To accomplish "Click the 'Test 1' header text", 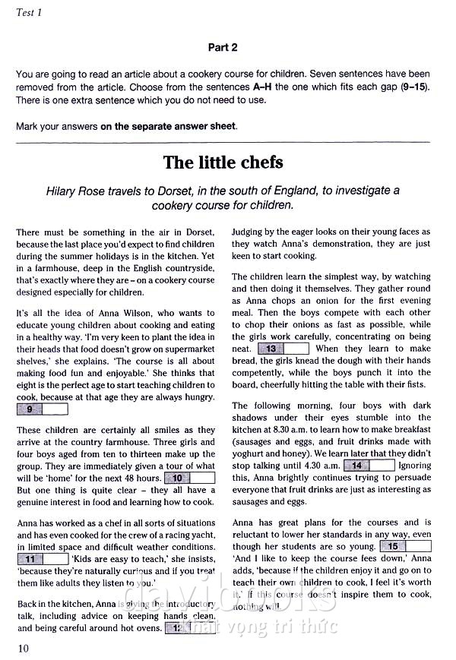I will click(x=29, y=12).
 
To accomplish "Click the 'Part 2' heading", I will click(x=223, y=47).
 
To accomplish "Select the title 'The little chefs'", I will click(x=223, y=163).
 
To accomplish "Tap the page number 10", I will click(x=22, y=647).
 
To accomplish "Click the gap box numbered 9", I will click(x=42, y=409).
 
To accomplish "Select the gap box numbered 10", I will click(x=189, y=478).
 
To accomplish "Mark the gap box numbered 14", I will click(x=369, y=465).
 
